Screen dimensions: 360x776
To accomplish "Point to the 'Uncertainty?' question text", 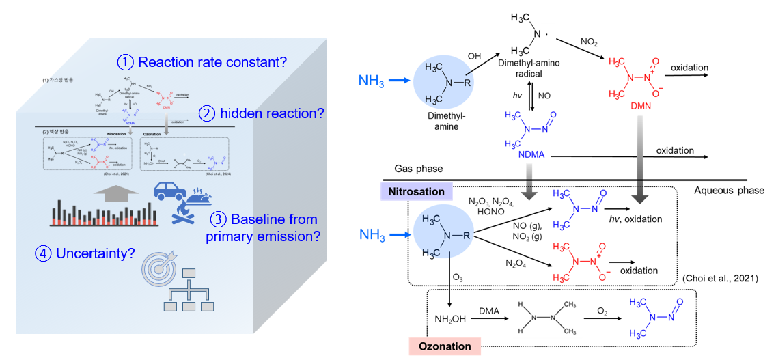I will click(x=89, y=253).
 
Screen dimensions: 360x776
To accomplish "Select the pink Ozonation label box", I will click(x=445, y=346).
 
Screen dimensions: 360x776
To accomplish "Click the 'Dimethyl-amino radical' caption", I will click(x=535, y=68).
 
